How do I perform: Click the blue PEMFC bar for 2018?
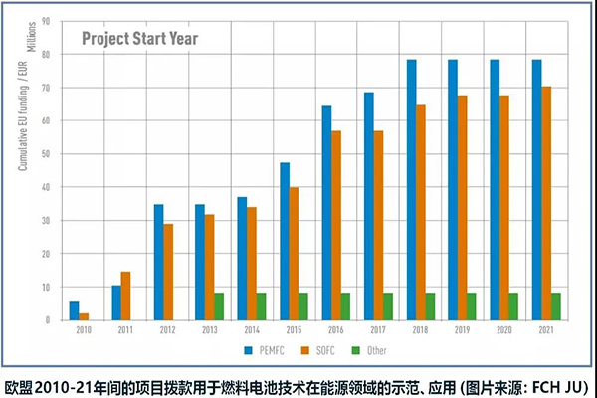click(411, 189)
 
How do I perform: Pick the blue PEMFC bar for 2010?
click(74, 309)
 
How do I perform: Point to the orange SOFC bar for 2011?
click(126, 296)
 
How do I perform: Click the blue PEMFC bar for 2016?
click(326, 213)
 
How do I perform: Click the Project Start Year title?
click(139, 40)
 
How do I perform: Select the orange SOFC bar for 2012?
click(168, 272)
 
